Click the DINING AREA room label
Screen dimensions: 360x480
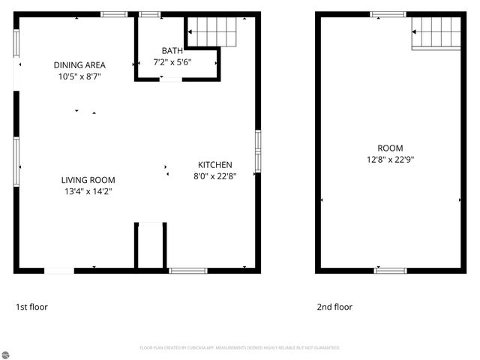pyautogui.click(x=79, y=64)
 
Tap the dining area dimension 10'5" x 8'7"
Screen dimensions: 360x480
pyautogui.click(x=79, y=76)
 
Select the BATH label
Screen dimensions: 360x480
pyautogui.click(x=172, y=50)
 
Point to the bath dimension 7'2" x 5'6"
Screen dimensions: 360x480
pyautogui.click(x=172, y=62)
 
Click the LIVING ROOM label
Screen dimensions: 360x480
pyautogui.click(x=88, y=179)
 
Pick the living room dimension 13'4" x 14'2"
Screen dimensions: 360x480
pyautogui.click(x=88, y=191)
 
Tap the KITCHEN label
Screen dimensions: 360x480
pyautogui.click(x=214, y=165)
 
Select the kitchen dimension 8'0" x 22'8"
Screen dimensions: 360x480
pyautogui.click(x=214, y=177)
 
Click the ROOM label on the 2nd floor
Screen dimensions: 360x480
pyautogui.click(x=390, y=148)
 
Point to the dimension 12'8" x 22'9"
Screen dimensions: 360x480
pyautogui.click(x=390, y=160)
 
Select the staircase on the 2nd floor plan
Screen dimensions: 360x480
pyautogui.click(x=436, y=33)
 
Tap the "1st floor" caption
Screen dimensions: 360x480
pyautogui.click(x=31, y=307)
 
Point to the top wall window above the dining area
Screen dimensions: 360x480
pyautogui.click(x=114, y=14)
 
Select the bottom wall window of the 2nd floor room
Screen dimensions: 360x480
pyautogui.click(x=390, y=270)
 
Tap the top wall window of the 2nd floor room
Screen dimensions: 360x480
pyautogui.click(x=388, y=14)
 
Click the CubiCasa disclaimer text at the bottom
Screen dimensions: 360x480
pyautogui.click(x=240, y=348)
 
